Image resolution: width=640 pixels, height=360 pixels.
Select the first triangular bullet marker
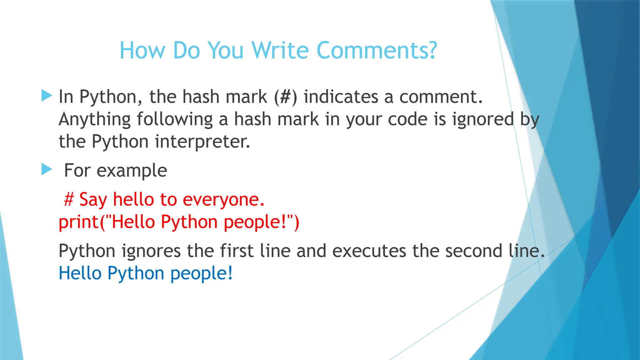47,96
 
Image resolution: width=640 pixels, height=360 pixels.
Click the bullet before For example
47,170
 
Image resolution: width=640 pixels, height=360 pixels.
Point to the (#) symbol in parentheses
285,97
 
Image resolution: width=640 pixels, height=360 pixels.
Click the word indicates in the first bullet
341,97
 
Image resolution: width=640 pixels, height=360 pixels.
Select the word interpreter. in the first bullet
202,142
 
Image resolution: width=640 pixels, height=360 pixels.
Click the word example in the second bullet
132,171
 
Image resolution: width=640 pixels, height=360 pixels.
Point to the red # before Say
69,199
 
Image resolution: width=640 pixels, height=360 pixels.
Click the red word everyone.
223,199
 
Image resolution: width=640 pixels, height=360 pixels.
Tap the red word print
78,222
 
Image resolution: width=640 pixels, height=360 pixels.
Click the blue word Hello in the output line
80,273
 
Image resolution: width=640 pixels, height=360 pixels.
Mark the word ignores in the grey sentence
151,251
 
